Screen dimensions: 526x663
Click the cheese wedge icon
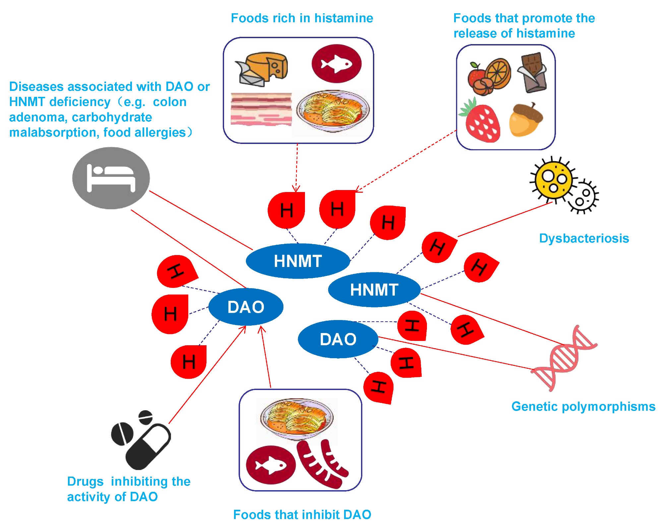tap(264, 68)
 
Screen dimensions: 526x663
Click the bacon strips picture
tap(261, 109)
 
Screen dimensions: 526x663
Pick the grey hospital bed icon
tap(111, 178)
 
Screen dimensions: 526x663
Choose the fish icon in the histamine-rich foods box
tap(336, 63)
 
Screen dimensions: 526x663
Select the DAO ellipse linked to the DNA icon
tap(338, 339)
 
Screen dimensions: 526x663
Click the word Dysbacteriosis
tap(584, 238)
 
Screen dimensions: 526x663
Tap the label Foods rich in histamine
tap(302, 18)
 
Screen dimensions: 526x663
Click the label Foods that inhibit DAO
tap(302, 515)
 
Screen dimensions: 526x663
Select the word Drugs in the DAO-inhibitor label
tap(85, 482)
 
